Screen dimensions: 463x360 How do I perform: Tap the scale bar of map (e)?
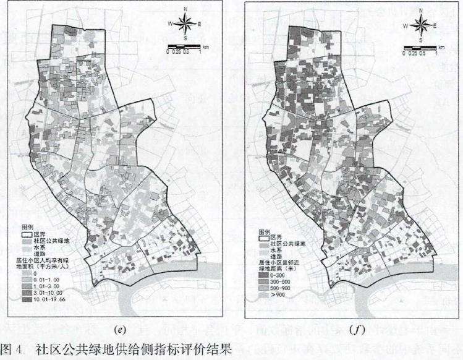click(x=184, y=47)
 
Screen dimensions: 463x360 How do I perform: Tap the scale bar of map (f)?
click(x=420, y=48)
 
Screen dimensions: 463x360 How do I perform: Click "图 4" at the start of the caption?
click(x=14, y=349)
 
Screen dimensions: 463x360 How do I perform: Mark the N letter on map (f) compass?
click(x=420, y=11)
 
